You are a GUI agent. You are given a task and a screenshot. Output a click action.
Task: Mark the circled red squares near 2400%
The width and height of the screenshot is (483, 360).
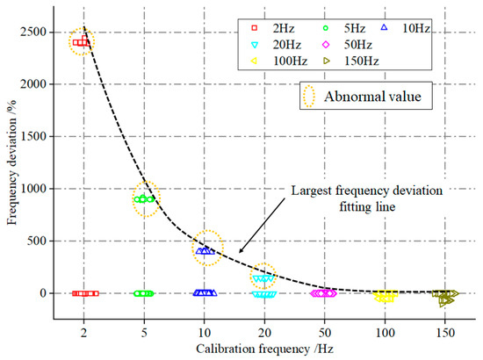(x=82, y=41)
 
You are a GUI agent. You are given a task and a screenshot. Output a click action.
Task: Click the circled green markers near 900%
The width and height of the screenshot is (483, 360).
(x=144, y=198)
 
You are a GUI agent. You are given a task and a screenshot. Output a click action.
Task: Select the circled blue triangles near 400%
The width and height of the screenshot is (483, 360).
(x=205, y=249)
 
